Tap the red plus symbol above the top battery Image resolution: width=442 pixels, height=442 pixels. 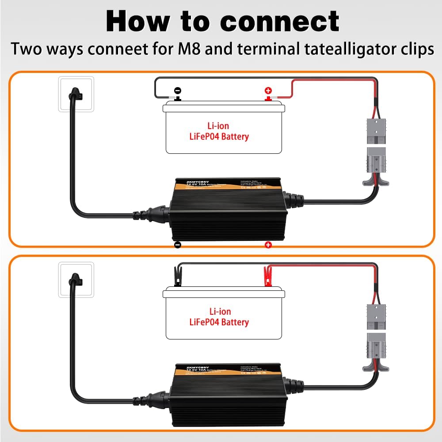(x=268, y=90)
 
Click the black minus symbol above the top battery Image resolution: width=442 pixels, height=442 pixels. (x=177, y=90)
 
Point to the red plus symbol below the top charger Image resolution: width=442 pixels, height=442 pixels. (x=268, y=245)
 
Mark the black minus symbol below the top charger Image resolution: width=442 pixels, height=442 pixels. (x=177, y=245)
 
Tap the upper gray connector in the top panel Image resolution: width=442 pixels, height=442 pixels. (x=376, y=131)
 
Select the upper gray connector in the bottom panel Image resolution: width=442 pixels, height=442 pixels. (x=376, y=317)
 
